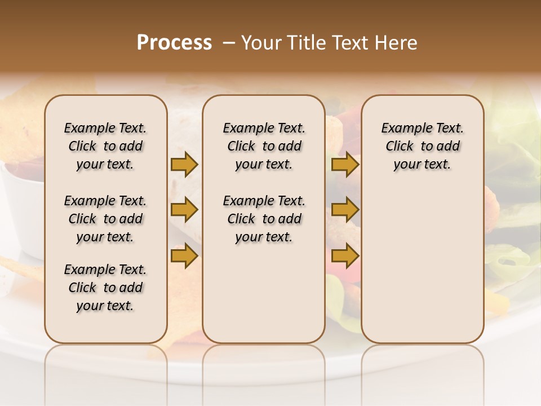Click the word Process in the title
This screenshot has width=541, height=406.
[x=174, y=43]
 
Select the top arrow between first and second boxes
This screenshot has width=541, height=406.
[x=184, y=164]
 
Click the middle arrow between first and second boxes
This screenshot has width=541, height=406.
[x=184, y=210]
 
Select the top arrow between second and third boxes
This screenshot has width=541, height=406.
[x=345, y=164]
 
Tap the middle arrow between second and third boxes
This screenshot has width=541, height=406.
[x=345, y=210]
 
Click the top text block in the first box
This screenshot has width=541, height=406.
[x=105, y=146]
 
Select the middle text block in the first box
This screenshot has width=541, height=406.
[x=105, y=219]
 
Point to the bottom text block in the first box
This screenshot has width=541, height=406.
[x=105, y=288]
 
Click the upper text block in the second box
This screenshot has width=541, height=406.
[x=264, y=146]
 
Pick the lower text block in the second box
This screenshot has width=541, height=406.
[x=264, y=219]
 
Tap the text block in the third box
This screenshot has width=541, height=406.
[x=423, y=146]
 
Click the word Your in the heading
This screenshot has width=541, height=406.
[x=262, y=43]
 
